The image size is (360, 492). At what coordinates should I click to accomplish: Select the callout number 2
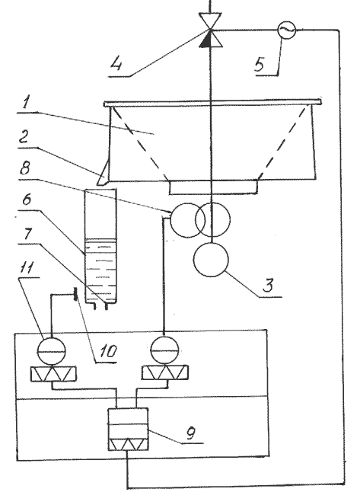point(25,136)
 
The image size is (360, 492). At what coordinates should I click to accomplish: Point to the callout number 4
point(116,64)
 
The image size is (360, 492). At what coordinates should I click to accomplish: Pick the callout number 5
point(260,64)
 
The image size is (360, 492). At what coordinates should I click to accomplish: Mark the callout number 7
point(27,234)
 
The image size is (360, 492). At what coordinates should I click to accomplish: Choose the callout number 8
point(24,168)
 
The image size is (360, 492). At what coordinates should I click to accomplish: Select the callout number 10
point(109,351)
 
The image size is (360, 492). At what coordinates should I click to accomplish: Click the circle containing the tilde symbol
point(287,30)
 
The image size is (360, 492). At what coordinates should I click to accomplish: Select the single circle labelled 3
point(211,260)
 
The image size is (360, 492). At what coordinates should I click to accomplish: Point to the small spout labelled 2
point(103,173)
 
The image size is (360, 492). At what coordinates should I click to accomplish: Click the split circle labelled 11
point(52,351)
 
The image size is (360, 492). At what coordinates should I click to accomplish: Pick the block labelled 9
point(128,430)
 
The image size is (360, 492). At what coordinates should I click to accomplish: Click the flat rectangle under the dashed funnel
point(214,187)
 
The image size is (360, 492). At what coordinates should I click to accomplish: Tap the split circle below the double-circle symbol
point(164,351)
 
